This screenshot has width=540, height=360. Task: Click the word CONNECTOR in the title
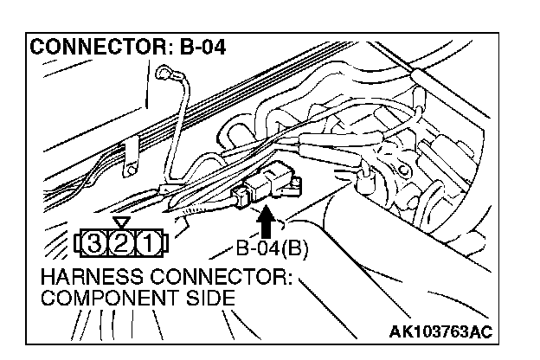89,49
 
